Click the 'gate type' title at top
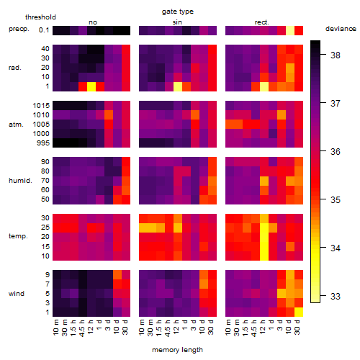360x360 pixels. pos(178,12)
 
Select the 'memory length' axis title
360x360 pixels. pos(177,350)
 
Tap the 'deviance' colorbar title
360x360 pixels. pos(341,29)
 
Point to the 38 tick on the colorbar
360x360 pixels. pos(336,55)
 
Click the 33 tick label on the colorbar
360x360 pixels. pos(336,296)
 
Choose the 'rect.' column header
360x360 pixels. pos(262,22)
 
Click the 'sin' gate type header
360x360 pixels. pos(177,22)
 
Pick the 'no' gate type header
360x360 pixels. pos(93,22)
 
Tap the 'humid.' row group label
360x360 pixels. pos(20,181)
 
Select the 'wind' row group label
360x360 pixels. pos(17,294)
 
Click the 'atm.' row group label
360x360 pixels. pos(16,125)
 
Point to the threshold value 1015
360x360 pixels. pos(41,106)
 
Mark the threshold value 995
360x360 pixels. pos(43,143)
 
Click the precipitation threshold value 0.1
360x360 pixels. pos(44,30)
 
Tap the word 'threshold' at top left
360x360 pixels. pos(40,17)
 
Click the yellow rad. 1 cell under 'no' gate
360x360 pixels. pos(91,86)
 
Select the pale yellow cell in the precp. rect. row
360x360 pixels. pos(290,30)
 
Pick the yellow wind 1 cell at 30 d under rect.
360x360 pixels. pos(299,312)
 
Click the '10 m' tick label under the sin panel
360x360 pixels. pos(142,328)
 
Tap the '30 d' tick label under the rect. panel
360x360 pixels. pos(297,328)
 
